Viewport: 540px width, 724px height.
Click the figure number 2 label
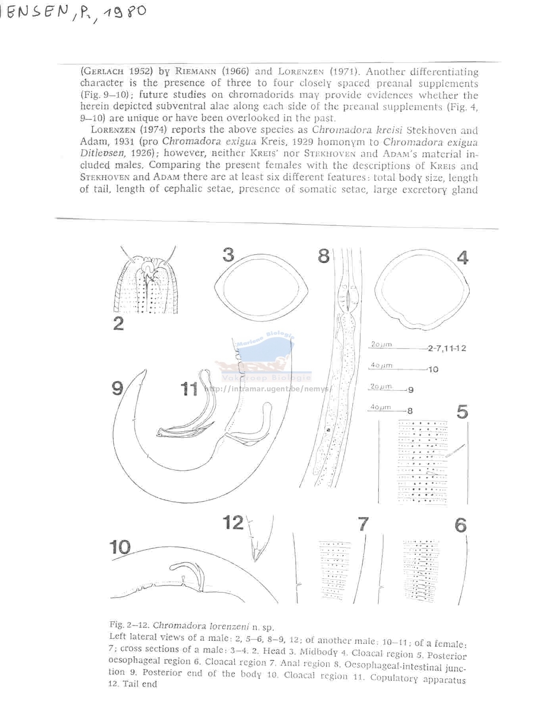(118, 324)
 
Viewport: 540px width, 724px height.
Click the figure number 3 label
(228, 255)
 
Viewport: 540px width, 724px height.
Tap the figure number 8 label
(323, 256)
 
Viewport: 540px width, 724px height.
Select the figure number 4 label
(463, 258)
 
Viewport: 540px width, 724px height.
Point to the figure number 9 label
(117, 388)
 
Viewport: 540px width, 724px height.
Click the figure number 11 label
(189, 389)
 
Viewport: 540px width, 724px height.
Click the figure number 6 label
(461, 526)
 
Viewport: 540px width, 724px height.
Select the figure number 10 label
(120, 548)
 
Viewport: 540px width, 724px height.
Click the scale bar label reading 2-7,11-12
(447, 349)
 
